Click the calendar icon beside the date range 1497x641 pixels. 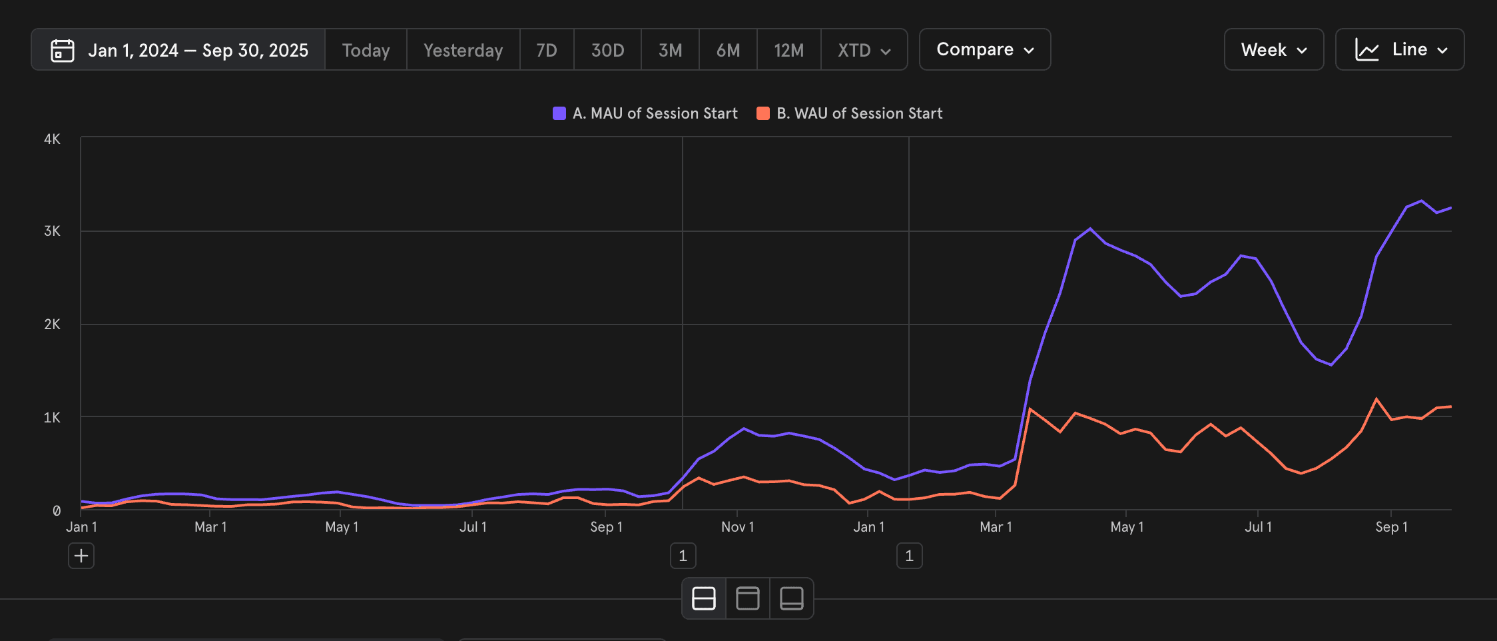pos(63,51)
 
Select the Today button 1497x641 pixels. pos(366,51)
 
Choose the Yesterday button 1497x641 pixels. pos(463,51)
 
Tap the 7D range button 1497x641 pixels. pos(547,51)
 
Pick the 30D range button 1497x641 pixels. pos(607,51)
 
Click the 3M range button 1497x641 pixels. pos(670,51)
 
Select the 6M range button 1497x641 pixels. pos(728,51)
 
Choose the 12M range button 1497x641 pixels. pos(788,51)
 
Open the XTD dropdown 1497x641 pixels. pos(864,51)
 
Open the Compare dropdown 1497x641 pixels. pos(985,49)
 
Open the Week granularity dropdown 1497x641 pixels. pos(1274,50)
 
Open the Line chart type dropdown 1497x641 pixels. pos(1400,50)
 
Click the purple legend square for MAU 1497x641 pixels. pos(559,113)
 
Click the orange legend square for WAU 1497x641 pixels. pos(763,113)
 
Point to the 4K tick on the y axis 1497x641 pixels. pos(52,139)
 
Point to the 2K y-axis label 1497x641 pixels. pos(52,324)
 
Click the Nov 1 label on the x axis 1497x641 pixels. pos(737,527)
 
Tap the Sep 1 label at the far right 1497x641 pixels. pos(1391,527)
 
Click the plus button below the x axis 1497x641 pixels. pos(81,556)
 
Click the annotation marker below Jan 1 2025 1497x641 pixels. pos(909,556)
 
